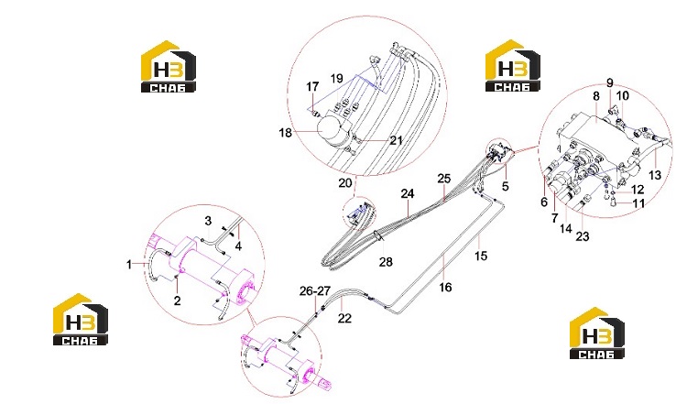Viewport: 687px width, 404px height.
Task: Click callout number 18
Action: pos(285,132)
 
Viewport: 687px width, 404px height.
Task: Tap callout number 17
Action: pos(312,87)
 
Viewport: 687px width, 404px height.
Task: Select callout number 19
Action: pos(336,79)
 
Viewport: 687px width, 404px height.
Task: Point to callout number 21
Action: pos(396,140)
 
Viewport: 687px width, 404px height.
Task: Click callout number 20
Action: pos(345,182)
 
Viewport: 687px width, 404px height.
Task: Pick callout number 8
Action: pos(596,96)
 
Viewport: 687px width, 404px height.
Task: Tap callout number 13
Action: pos(655,175)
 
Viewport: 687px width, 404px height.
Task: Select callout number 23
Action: pos(583,236)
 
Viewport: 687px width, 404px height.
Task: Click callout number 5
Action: pos(505,186)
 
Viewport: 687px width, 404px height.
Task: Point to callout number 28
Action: pos(386,262)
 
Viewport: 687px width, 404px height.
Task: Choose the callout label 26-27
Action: pos(314,291)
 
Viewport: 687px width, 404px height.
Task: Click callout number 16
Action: pos(445,288)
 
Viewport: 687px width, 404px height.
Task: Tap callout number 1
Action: pos(129,264)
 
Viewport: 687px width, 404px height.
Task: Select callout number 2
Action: pos(177,300)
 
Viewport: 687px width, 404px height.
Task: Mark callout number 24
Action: pos(408,193)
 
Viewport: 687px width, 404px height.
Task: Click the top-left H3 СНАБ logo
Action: pos(168,66)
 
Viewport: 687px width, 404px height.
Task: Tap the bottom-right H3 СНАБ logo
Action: pos(596,333)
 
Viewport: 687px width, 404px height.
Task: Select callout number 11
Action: pos(638,203)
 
